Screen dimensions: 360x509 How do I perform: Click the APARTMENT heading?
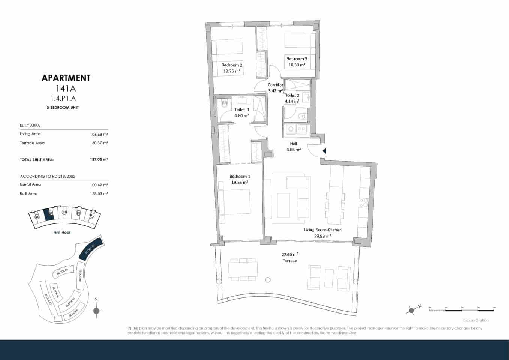(66, 78)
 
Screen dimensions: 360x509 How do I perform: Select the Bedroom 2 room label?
(232, 65)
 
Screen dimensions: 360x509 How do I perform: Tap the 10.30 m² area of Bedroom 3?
(296, 65)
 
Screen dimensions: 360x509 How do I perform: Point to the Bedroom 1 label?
(240, 176)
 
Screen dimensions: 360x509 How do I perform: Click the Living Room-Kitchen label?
(322, 230)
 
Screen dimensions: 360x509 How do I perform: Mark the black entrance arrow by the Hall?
(325, 151)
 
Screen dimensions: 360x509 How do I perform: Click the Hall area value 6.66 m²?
(293, 150)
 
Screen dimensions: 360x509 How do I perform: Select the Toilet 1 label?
(241, 109)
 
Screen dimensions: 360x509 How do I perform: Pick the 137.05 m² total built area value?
(99, 159)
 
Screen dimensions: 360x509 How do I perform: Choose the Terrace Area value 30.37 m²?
(100, 143)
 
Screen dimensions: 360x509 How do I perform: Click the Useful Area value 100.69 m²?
(99, 184)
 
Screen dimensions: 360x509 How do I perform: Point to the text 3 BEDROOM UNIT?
(63, 107)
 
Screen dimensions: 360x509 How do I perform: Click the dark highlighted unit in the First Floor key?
(48, 215)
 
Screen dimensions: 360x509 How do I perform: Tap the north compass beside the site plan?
(96, 310)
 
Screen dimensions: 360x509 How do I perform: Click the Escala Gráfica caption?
(476, 320)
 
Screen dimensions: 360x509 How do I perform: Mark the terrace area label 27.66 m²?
(290, 254)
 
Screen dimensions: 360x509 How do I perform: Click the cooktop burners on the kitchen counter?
(363, 203)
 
